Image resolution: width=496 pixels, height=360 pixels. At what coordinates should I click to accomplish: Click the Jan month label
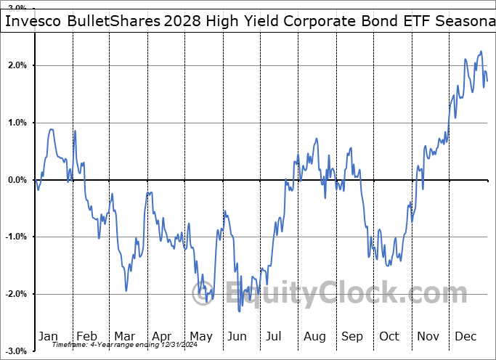click(49, 336)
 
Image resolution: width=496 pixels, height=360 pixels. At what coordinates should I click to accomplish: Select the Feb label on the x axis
click(87, 336)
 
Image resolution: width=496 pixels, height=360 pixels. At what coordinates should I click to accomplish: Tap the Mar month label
click(125, 336)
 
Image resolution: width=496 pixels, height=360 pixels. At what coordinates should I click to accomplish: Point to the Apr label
click(163, 336)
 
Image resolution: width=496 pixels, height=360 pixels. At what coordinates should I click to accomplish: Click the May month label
click(200, 336)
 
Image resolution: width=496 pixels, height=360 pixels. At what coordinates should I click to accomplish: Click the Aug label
click(314, 336)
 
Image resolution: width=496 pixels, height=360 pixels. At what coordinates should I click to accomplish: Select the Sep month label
click(352, 336)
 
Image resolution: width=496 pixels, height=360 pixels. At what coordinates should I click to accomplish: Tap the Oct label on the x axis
click(389, 336)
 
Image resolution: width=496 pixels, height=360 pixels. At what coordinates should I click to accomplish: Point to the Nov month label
click(428, 336)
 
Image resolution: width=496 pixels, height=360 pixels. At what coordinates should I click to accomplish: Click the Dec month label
click(465, 336)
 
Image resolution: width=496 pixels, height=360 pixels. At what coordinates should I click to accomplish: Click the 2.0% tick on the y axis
click(15, 65)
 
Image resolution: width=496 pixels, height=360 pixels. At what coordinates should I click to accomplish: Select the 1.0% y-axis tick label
click(15, 123)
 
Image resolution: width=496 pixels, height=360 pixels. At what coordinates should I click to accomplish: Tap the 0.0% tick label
click(15, 180)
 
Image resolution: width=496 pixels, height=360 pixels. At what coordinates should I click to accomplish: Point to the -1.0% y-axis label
click(13, 237)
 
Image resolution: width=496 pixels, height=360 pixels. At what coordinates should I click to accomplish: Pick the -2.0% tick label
click(13, 294)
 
